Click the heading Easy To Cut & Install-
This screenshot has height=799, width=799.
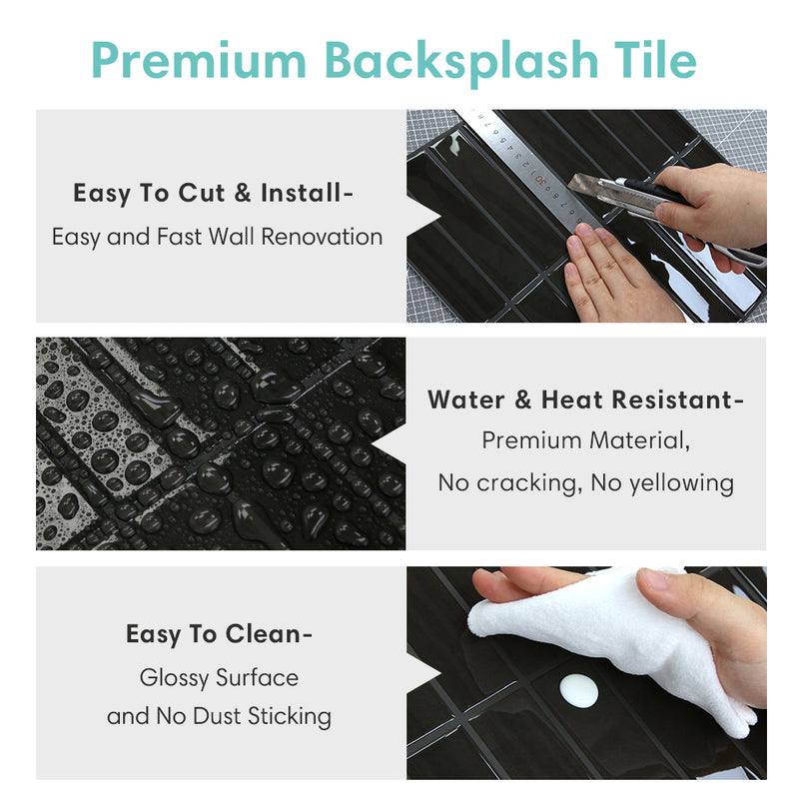click(x=213, y=194)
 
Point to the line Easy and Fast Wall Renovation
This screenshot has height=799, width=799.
click(x=217, y=238)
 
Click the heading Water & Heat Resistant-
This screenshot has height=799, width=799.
click(x=585, y=400)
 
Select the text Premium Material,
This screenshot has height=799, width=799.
click(x=585, y=440)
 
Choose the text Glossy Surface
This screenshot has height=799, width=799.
click(x=219, y=677)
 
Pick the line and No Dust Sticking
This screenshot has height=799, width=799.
click(x=219, y=716)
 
